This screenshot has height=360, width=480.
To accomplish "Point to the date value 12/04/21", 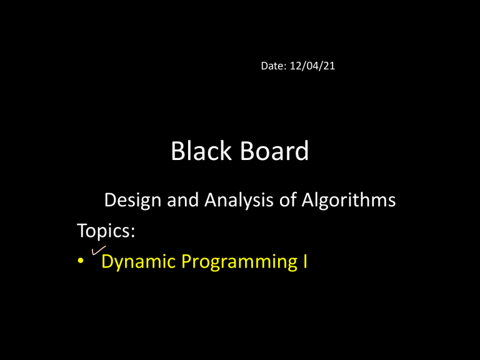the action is tap(312, 66).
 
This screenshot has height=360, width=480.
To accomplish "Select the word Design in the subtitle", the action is tap(132, 201).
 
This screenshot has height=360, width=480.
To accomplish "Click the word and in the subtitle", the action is tap(182, 200).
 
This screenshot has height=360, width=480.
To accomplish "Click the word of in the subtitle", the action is tap(287, 200).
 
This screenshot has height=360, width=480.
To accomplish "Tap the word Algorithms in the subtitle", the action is tap(349, 201).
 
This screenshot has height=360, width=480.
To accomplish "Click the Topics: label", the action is tap(106, 231).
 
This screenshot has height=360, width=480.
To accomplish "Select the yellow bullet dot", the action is tap(81, 261).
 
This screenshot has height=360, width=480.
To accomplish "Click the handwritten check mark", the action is tap(99, 250).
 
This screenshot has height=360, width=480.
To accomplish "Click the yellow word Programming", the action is tap(239, 262).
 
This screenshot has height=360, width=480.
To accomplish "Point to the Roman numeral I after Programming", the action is tap(305, 261).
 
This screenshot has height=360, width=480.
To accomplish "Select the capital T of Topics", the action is tap(82, 230).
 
